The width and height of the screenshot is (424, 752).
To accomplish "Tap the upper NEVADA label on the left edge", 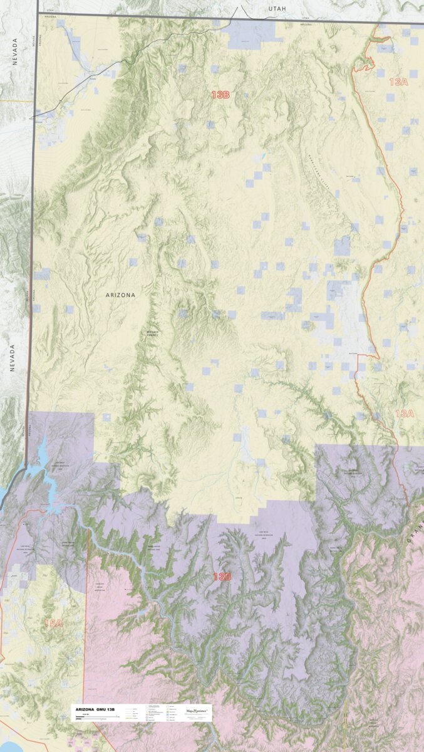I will [x=14, y=51].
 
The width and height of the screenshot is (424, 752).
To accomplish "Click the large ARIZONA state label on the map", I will [x=120, y=294].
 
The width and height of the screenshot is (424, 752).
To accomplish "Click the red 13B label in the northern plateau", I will [x=220, y=95].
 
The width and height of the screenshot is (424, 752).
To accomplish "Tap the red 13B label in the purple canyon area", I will [x=222, y=576].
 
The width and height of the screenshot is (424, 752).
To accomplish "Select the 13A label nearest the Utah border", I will [x=398, y=81].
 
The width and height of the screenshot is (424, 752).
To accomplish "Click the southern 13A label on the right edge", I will [x=404, y=414].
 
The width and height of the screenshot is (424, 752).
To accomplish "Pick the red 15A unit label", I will [x=53, y=623].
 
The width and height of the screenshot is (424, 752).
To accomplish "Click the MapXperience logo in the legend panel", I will [x=198, y=711].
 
